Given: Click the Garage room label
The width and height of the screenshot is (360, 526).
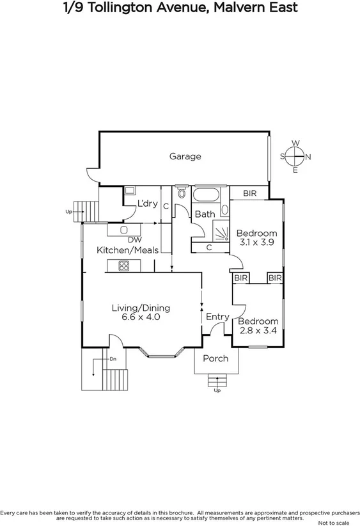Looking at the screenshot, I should tap(185, 156).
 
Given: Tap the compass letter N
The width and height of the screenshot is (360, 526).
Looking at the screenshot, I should tap(308, 157).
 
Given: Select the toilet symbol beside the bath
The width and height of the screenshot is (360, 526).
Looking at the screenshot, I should tap(182, 193).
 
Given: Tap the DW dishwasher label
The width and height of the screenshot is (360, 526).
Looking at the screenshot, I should tap(134, 240).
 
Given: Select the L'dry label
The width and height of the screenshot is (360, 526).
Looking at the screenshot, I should tap(148, 203).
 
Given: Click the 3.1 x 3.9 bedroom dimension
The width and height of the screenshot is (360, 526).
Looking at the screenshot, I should tap(256, 243).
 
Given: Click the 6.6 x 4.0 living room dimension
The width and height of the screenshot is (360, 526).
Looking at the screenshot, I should tap(145, 317).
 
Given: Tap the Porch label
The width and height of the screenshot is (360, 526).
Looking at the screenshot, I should tap(215, 358).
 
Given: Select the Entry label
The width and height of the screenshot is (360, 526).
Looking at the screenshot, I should tap(217, 317).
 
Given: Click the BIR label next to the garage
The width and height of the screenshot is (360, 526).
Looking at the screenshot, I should tap(251, 193).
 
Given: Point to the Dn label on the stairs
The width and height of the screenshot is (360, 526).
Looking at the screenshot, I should tap(113, 359).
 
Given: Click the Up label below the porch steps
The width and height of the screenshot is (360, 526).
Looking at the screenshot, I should tap(217, 390).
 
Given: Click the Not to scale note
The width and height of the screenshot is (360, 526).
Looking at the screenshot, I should tap(337, 522).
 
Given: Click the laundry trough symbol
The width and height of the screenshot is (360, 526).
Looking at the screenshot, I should tap(130, 191).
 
